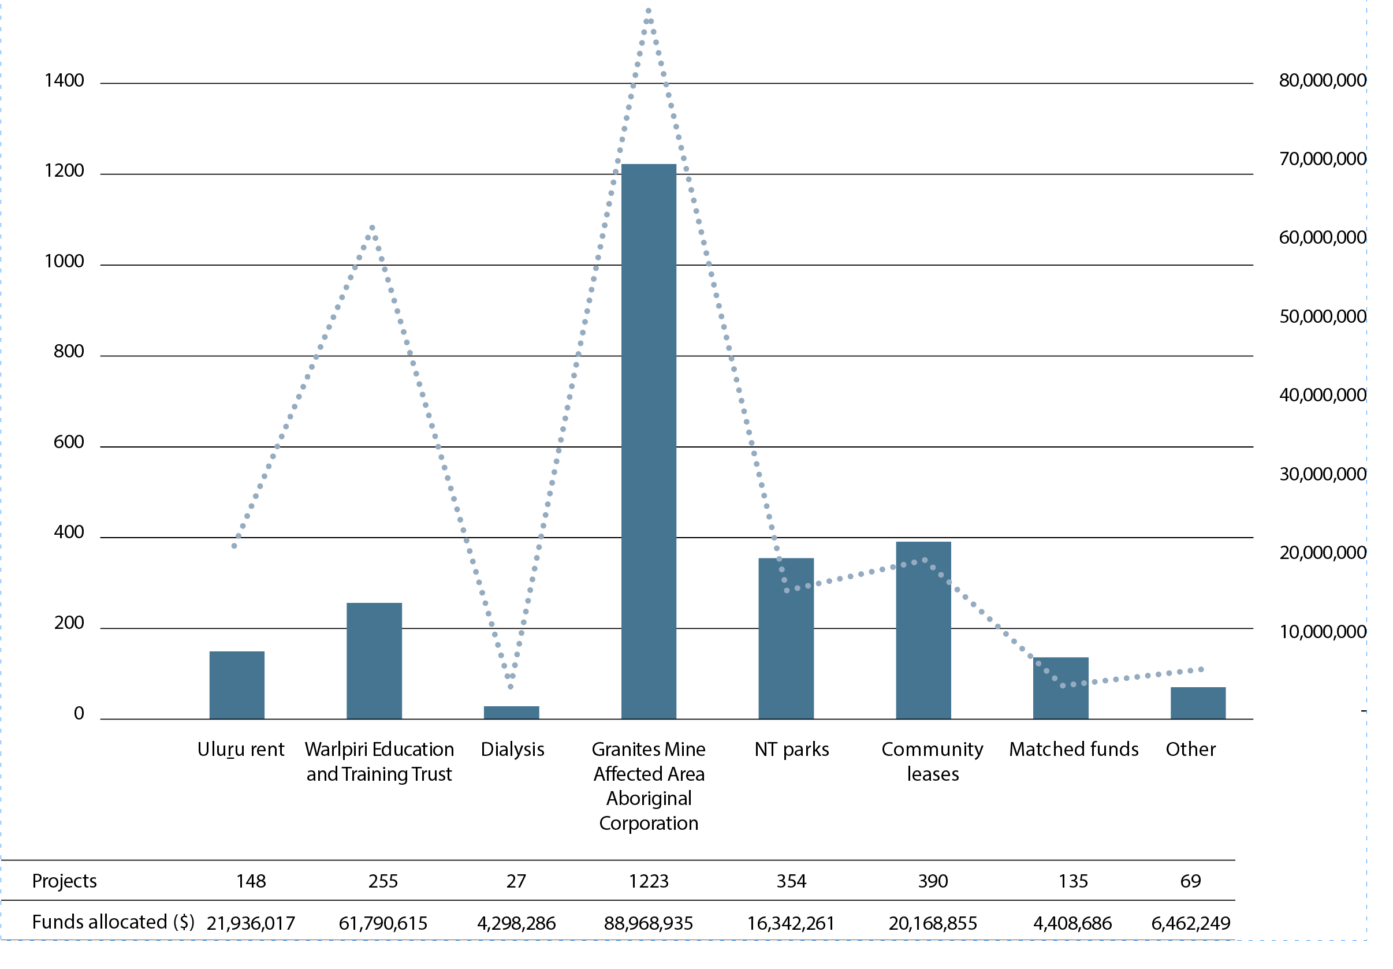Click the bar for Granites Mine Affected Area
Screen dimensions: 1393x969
649,441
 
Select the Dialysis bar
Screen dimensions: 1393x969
512,713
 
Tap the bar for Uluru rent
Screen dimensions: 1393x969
237,685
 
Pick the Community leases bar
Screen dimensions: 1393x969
923,631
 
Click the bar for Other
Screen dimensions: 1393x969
1198,703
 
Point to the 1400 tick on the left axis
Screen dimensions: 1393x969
64,81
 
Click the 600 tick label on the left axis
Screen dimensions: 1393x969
69,442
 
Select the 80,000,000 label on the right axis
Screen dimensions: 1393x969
1323,80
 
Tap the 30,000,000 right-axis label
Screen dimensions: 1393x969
1323,474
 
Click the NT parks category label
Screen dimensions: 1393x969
792,750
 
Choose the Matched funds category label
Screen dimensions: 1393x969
1074,750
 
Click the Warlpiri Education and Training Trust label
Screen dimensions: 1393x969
379,762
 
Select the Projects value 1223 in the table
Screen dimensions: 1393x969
649,881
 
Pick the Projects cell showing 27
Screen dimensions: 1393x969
516,881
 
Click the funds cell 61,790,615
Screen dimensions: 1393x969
383,923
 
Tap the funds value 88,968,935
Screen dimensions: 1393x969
649,923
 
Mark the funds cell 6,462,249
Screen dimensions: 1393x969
1191,923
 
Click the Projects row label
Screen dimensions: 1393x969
64,881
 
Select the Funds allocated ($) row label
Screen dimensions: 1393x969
113,922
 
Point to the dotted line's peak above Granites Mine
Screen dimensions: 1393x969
649,11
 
